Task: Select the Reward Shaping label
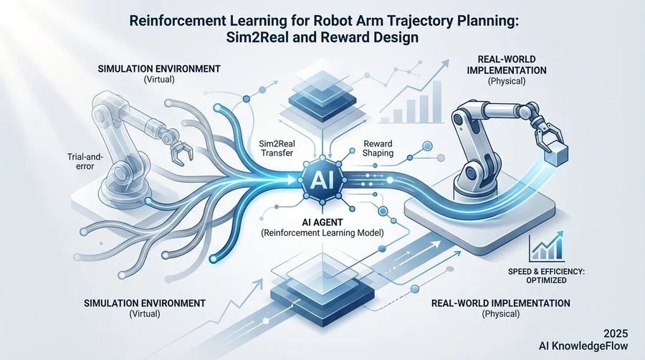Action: coord(378,148)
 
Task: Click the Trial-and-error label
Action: coord(85,161)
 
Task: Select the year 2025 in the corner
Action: coord(616,333)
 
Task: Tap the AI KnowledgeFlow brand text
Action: coord(583,346)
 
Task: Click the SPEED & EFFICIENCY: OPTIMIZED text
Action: coord(546,275)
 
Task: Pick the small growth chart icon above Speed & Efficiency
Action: coord(547,247)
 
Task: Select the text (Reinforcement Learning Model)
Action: coord(322,233)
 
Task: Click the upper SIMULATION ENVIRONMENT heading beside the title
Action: coord(159,69)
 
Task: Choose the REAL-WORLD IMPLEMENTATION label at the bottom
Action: coord(501,303)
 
